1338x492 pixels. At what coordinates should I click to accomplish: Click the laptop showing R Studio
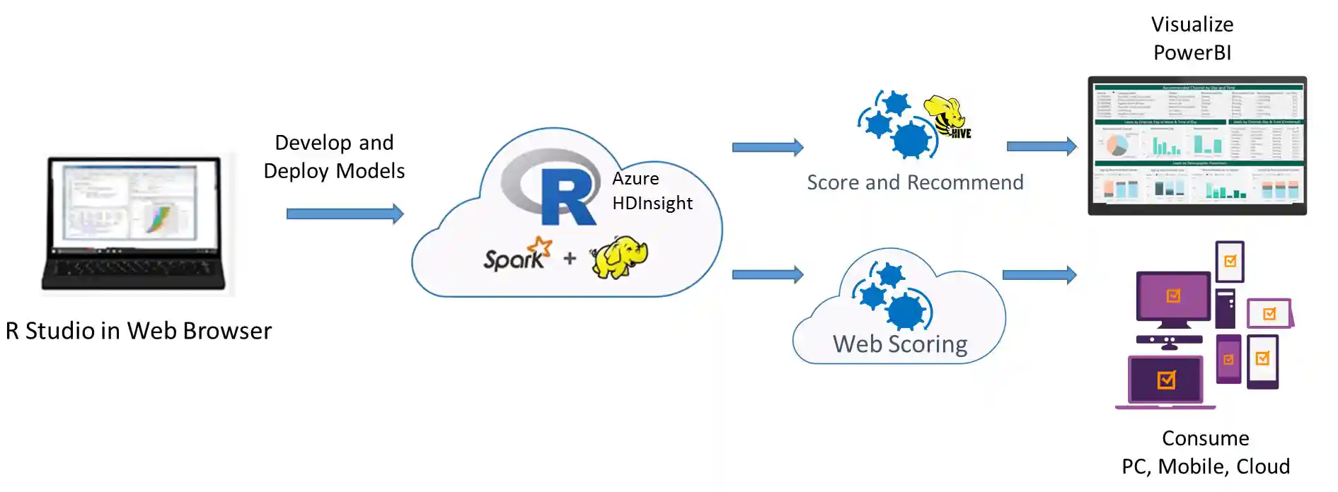(134, 223)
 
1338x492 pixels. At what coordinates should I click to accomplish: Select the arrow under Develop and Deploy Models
(345, 213)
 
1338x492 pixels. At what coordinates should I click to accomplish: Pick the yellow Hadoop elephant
(619, 257)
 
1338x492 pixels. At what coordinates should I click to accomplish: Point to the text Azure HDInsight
(652, 191)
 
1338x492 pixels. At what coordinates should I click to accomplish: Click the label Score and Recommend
(915, 182)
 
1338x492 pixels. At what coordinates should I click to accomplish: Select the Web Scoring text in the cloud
(900, 344)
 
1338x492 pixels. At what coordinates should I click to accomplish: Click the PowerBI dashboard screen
(1196, 145)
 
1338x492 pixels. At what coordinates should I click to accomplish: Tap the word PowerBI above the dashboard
(1192, 53)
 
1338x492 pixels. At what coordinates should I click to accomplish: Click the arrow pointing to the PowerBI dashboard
(1041, 146)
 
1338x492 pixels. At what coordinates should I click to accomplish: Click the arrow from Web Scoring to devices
(1039, 274)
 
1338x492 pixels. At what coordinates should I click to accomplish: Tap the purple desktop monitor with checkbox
(1172, 298)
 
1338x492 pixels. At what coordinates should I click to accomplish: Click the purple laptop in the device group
(1165, 382)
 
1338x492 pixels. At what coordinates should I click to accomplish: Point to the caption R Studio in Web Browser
(139, 331)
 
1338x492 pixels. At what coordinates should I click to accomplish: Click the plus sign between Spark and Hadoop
(570, 259)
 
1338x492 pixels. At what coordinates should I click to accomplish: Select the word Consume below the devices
(1205, 438)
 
